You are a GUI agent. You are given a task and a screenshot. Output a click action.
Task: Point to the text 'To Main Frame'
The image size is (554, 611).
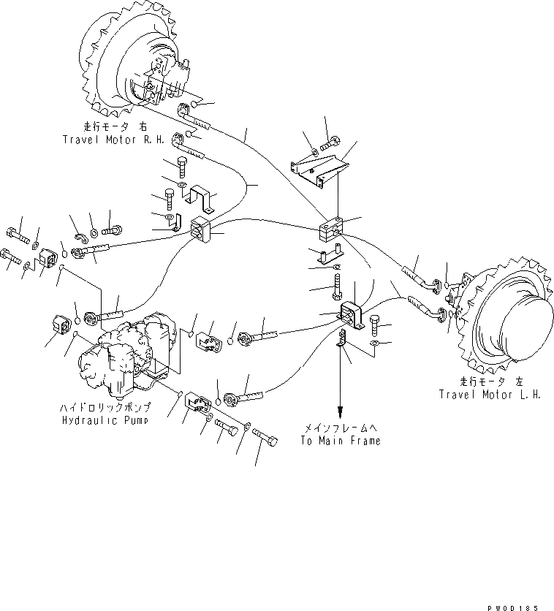[x=340, y=441]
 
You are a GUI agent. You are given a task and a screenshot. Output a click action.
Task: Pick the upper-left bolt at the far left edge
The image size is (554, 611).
[x=16, y=235]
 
